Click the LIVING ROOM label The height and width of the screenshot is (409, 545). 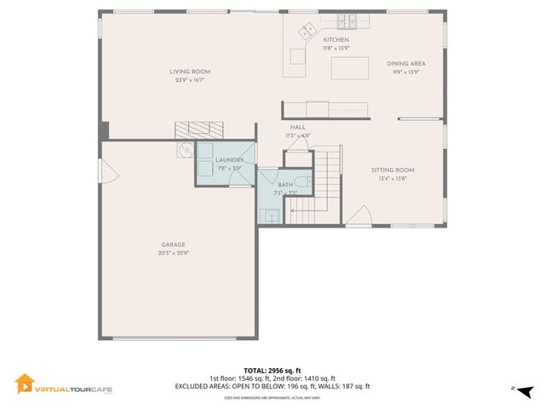[x=190, y=72]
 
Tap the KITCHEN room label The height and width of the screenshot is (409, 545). [x=336, y=40]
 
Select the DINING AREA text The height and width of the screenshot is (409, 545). [x=405, y=64]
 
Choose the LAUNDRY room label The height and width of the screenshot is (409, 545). [x=230, y=160]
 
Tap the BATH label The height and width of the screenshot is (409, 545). [x=284, y=185]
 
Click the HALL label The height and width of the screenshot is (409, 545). [x=298, y=127]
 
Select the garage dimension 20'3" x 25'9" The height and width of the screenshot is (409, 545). [x=173, y=253]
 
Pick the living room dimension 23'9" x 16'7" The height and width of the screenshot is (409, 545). [x=190, y=80]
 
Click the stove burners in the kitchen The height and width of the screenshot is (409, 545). [x=347, y=20]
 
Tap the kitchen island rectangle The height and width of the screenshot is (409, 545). [x=349, y=67]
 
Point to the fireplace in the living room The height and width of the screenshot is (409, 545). [x=198, y=130]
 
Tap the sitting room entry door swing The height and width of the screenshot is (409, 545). [x=359, y=217]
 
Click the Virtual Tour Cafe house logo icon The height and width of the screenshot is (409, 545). [x=25, y=384]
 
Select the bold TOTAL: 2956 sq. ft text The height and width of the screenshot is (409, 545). [x=272, y=371]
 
